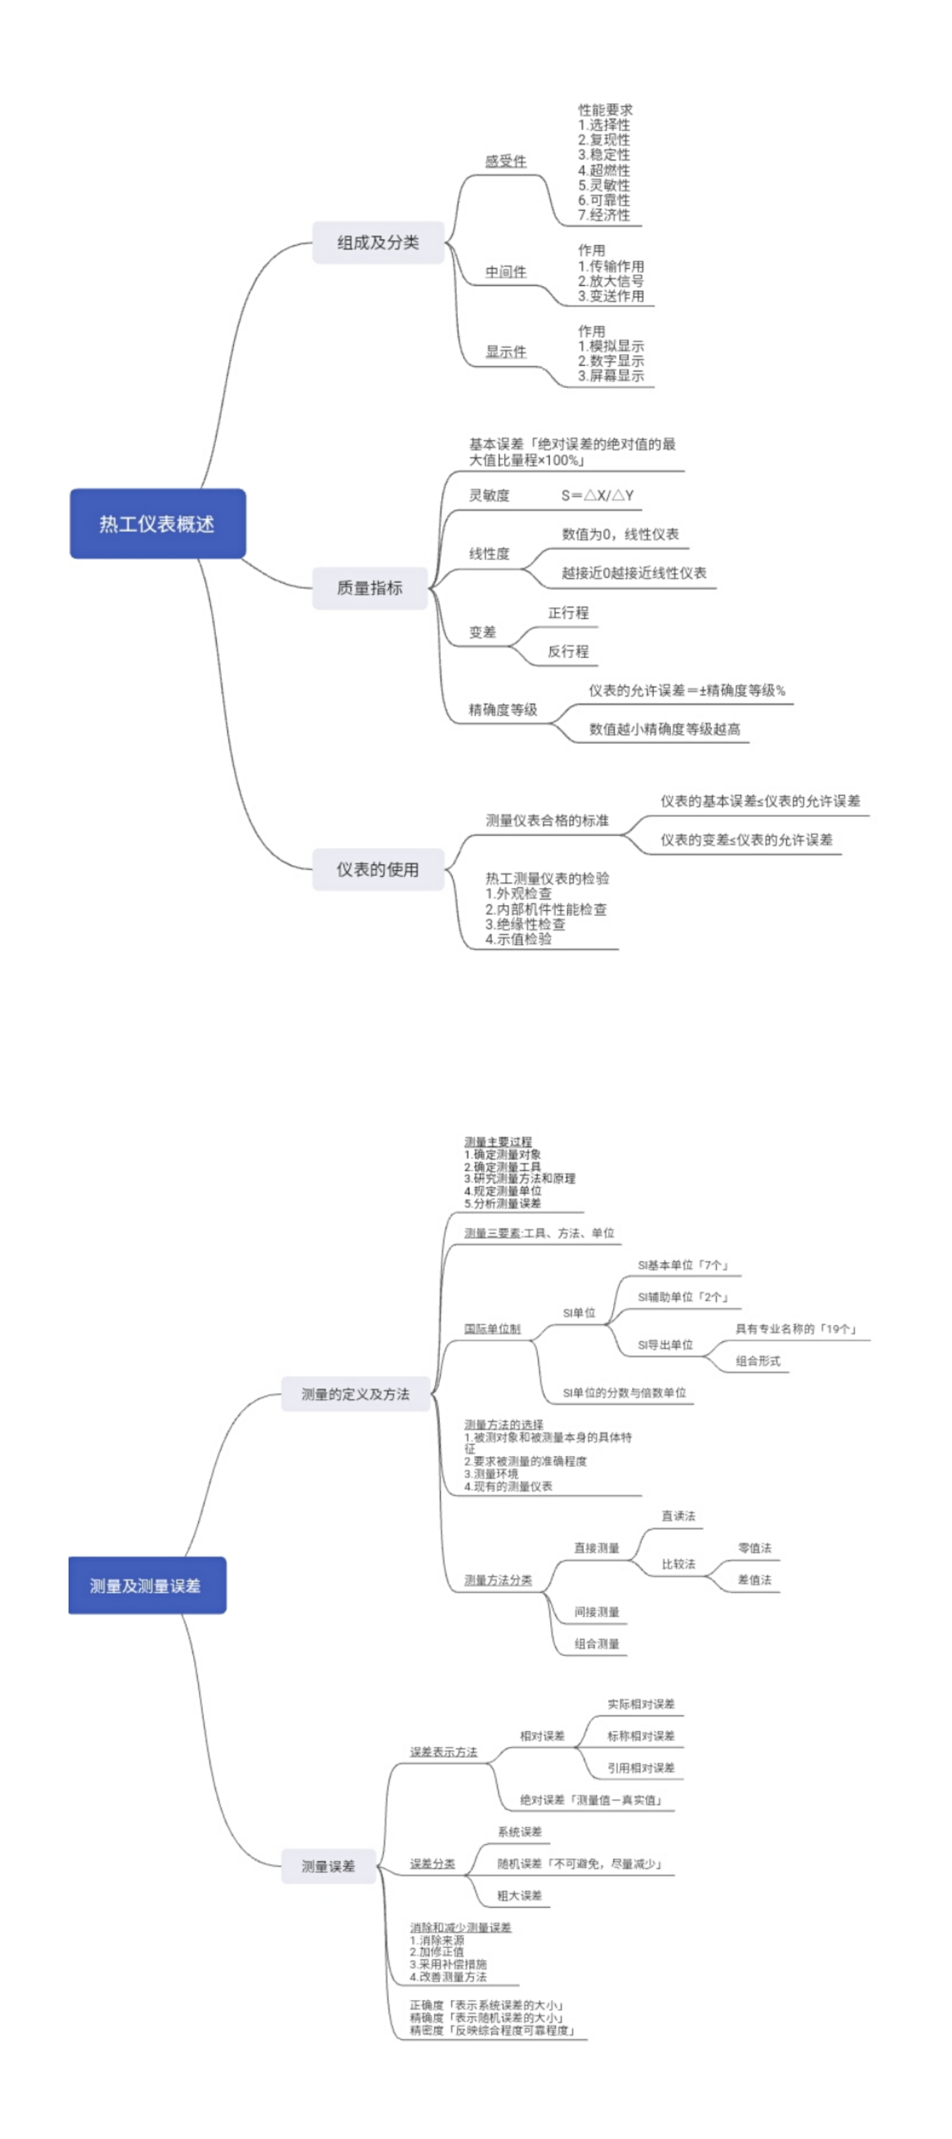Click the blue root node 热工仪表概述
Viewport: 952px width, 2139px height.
coord(157,524)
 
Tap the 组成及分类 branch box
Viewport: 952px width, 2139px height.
coord(378,242)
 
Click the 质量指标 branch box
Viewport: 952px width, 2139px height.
coord(369,588)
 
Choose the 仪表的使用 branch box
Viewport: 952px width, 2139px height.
coord(378,869)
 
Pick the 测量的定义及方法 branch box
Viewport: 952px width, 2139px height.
coord(355,1394)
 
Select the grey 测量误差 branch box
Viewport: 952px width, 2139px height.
coord(328,1866)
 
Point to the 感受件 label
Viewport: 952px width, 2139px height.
coord(506,161)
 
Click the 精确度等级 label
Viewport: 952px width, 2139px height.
coord(503,709)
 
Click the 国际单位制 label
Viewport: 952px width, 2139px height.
coord(493,1329)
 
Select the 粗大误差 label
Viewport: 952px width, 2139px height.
coord(520,1895)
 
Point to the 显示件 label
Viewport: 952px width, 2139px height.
coord(506,352)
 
